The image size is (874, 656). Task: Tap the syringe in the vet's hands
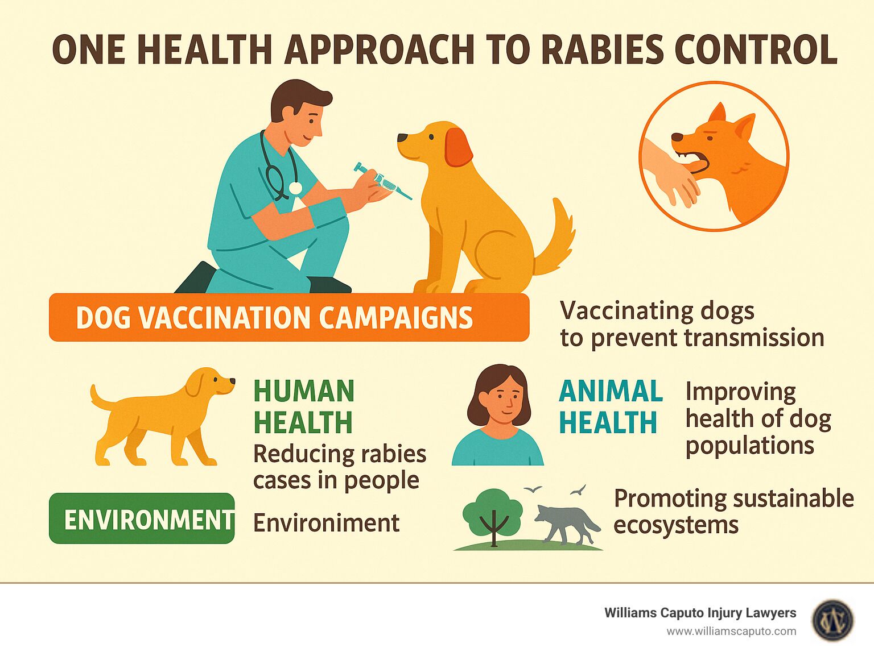click(x=382, y=181)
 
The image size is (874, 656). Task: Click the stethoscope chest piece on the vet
click(x=295, y=188)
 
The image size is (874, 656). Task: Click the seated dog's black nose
click(x=402, y=138)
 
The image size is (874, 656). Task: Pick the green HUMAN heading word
click(x=303, y=391)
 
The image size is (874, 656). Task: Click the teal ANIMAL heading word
click(x=611, y=391)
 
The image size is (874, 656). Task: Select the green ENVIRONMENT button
click(x=142, y=518)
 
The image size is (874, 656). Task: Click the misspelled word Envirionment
click(x=326, y=523)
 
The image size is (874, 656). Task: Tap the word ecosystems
click(x=676, y=525)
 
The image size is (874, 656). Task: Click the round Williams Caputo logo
click(x=832, y=621)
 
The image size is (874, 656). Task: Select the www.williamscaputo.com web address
click(x=731, y=632)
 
